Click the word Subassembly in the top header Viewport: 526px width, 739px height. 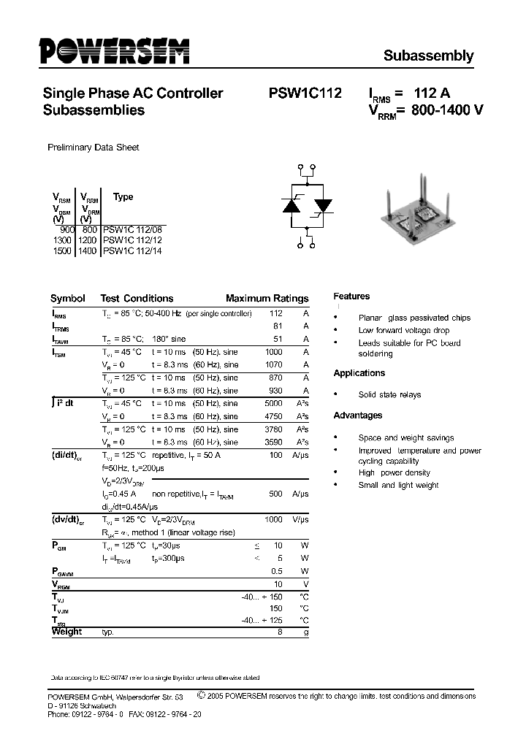428,55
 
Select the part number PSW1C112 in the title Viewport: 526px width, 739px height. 305,93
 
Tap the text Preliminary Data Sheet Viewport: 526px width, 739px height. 93,148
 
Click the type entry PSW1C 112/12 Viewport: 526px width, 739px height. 132,240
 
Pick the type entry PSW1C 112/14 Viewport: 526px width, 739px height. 132,251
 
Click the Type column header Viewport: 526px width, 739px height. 123,197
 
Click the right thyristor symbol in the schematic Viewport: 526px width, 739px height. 322,207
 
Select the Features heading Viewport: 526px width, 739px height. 351,296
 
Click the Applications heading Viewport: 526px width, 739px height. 359,373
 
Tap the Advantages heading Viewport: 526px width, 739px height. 357,416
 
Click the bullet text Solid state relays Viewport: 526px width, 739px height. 389,395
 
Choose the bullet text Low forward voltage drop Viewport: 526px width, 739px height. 403,331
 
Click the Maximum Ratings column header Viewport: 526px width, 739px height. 267,299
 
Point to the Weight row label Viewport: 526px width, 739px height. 66,632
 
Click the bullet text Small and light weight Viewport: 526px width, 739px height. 398,485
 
